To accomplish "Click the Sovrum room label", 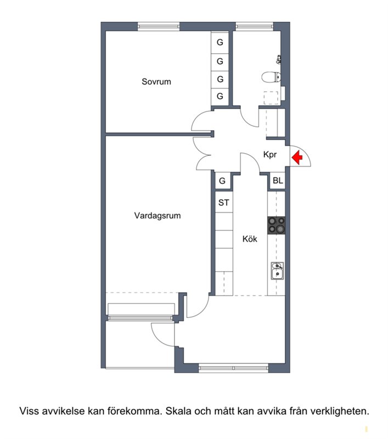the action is tap(156, 81).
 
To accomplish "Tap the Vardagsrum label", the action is tap(158, 216).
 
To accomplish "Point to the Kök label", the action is tap(250, 239).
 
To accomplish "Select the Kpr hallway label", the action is tap(270, 155).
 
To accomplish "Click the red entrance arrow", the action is tap(297, 157).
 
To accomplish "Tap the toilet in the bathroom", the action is tap(271, 77).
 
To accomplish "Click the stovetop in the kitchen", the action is tap(277, 225).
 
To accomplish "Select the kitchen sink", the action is tap(277, 271).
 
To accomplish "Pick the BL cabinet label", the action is tap(278, 181).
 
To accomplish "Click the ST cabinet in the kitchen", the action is tap(224, 202).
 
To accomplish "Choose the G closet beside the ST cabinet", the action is tap(222, 181).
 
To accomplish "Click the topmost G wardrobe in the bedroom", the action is tap(220, 42).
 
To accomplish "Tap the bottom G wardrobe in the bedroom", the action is tap(220, 96).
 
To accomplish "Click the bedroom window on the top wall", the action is tap(159, 26).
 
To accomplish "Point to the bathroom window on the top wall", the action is tap(255, 26).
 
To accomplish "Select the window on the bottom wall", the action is tap(233, 368).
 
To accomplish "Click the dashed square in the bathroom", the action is tap(271, 98).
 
